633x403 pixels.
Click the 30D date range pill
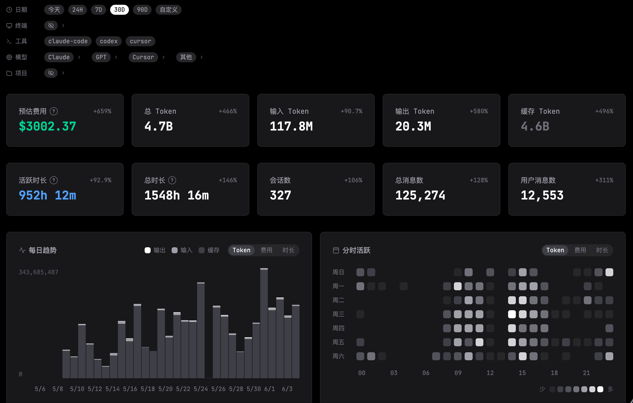point(119,10)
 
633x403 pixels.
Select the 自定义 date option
point(169,10)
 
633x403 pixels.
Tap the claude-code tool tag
point(68,41)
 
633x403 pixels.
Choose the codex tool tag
point(109,41)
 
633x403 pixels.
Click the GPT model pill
point(101,57)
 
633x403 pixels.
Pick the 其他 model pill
point(186,57)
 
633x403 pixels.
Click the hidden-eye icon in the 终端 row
point(51,25)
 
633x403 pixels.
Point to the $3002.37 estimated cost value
point(47,126)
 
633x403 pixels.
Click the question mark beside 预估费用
point(54,111)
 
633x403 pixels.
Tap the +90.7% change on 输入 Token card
point(351,111)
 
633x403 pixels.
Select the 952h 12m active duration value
point(47,195)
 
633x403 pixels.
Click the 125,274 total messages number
point(420,195)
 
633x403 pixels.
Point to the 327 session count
point(280,195)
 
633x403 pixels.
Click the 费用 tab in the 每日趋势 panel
point(266,250)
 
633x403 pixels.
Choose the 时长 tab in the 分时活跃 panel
point(602,250)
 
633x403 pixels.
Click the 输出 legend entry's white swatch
point(147,250)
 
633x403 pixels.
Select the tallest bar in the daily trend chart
point(264,323)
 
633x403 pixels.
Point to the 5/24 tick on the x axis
point(201,389)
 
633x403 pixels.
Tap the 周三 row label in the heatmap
point(338,314)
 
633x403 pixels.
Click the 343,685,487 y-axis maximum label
point(38,272)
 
